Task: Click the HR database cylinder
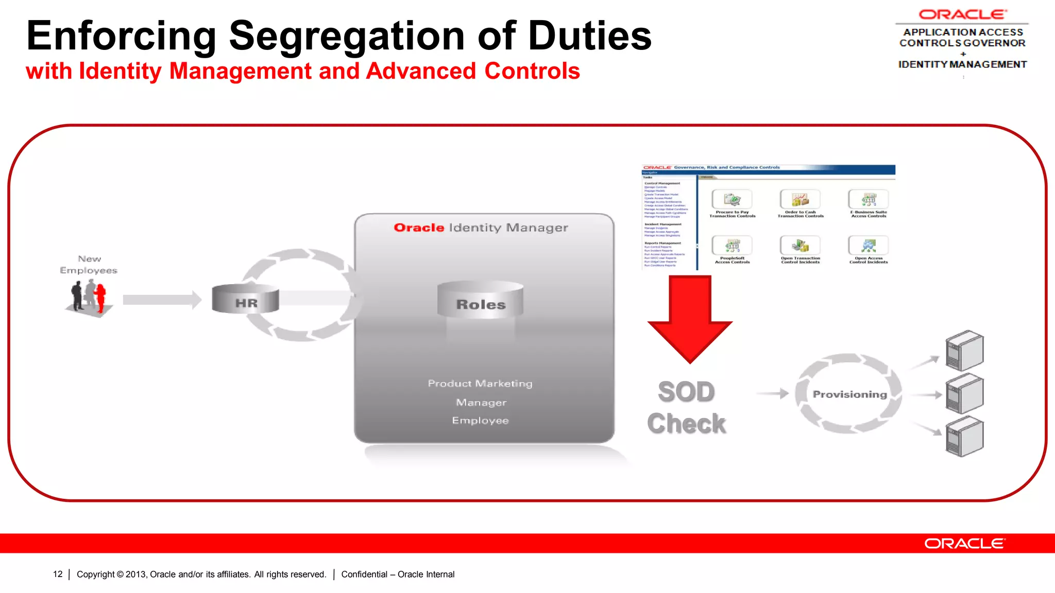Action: [x=246, y=299]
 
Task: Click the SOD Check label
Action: [x=687, y=408]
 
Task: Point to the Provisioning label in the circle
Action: [x=850, y=394]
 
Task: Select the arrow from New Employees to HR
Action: [x=162, y=300]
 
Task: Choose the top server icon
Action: [x=964, y=351]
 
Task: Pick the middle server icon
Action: [x=964, y=394]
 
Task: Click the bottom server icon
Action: [x=964, y=437]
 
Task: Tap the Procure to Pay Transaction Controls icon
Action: [x=732, y=199]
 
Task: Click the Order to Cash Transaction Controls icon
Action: [x=800, y=199]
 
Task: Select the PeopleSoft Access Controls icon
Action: [x=732, y=246]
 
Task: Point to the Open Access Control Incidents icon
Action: [x=869, y=246]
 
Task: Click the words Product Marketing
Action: [x=480, y=383]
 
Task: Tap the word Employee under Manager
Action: [x=481, y=421]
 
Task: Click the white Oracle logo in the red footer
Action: [x=964, y=544]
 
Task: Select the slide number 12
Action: [x=58, y=574]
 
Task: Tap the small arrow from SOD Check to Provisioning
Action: [x=773, y=394]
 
